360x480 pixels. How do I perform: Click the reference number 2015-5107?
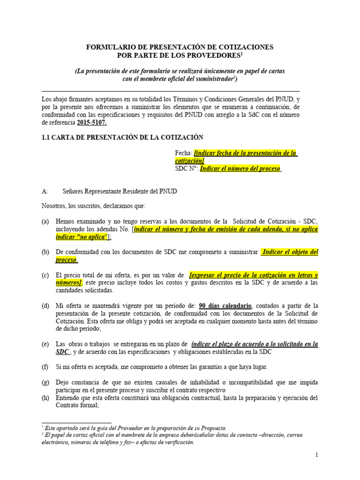point(91,123)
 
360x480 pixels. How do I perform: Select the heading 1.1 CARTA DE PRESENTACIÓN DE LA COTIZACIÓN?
point(122,137)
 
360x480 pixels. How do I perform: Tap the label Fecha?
point(183,153)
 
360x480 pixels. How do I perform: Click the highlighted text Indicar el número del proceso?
point(240,168)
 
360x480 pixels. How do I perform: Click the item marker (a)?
point(45,221)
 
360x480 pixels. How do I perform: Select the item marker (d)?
point(45,306)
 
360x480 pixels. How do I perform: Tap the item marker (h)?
point(45,398)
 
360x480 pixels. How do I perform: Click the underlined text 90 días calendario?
point(225,306)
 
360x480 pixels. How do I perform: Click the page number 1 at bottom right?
point(316,455)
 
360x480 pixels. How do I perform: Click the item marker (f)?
point(45,367)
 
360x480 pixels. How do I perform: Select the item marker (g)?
point(45,382)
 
